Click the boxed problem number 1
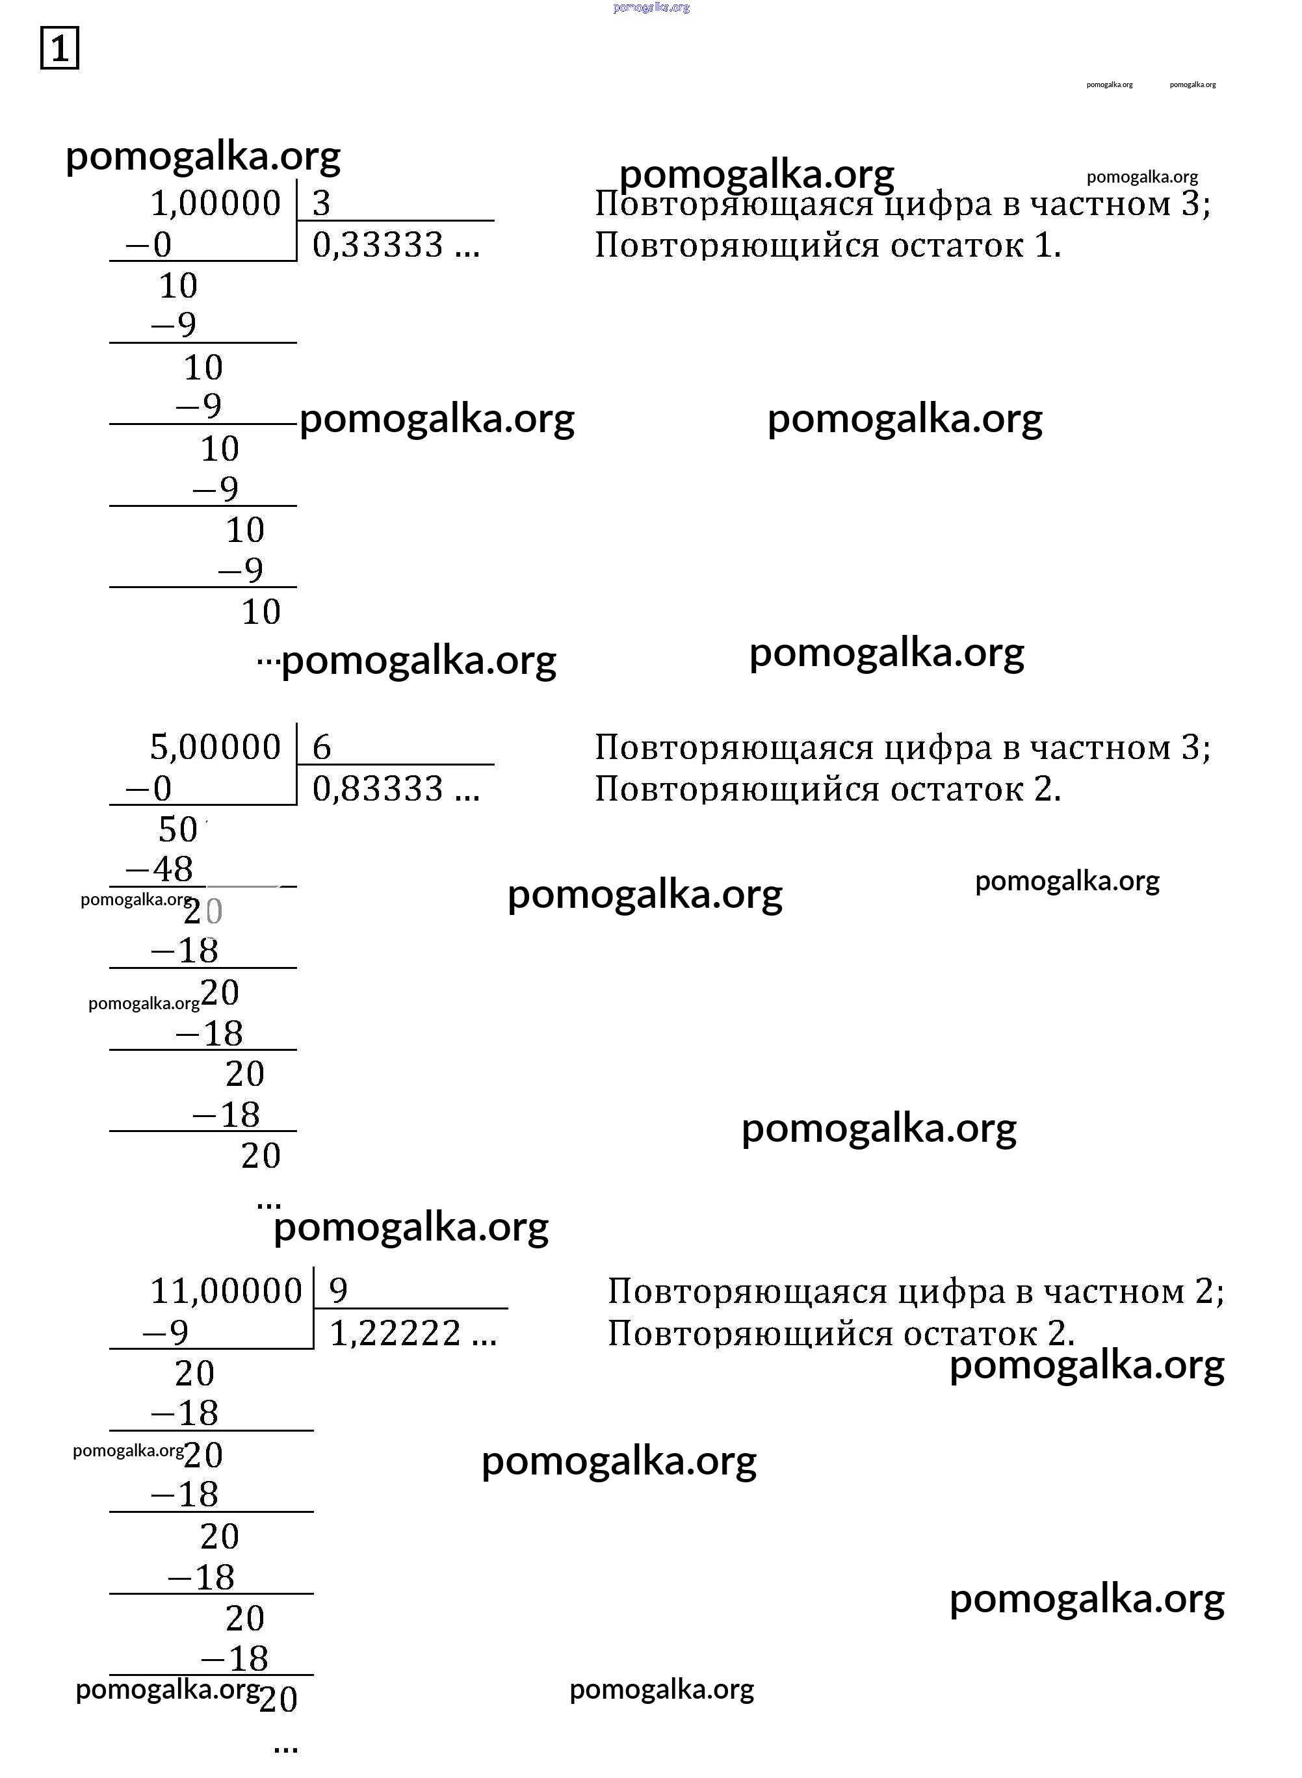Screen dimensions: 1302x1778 coord(59,48)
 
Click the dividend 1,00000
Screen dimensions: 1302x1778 coord(215,203)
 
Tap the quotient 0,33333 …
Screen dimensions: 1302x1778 coord(397,245)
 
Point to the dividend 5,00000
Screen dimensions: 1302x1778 coord(215,747)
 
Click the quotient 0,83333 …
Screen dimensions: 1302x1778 coord(397,788)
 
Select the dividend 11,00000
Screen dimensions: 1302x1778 coord(226,1291)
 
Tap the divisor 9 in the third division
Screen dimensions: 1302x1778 coord(338,1291)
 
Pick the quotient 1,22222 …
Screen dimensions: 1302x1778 coord(413,1333)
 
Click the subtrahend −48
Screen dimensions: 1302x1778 coord(159,869)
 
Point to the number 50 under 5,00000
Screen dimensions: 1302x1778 coord(178,829)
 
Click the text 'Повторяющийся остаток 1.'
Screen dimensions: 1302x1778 coord(828,246)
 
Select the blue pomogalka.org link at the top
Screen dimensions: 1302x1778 coord(651,7)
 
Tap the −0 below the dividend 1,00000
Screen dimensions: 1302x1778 coord(149,244)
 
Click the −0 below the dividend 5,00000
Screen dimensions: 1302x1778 coord(149,788)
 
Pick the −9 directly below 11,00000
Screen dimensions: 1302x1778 coord(166,1332)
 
